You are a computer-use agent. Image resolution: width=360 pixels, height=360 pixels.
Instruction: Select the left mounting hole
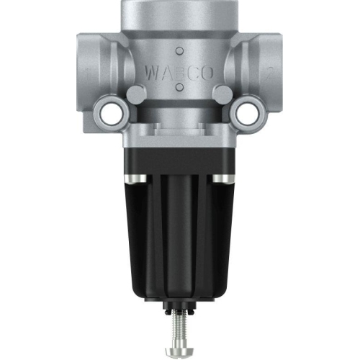click(110, 112)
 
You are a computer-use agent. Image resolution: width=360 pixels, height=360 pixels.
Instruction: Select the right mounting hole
click(248, 112)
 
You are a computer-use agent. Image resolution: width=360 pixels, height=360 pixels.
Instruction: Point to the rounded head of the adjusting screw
click(179, 349)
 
